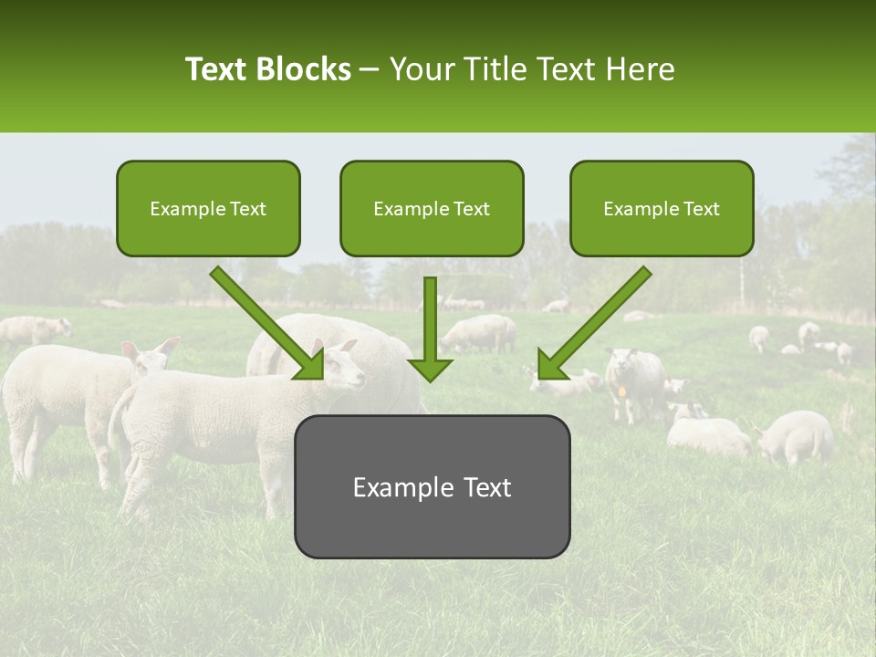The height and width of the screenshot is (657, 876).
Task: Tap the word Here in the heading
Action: click(x=643, y=69)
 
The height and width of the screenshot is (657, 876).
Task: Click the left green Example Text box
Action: click(x=208, y=209)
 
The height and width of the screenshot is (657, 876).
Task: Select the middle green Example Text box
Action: click(x=432, y=209)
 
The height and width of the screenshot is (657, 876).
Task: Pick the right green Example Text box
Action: click(x=662, y=209)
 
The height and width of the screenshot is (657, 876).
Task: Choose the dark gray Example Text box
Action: click(x=432, y=486)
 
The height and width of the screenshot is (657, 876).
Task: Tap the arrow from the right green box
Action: click(x=594, y=323)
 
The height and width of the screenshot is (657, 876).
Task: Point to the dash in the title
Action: click(x=370, y=69)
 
